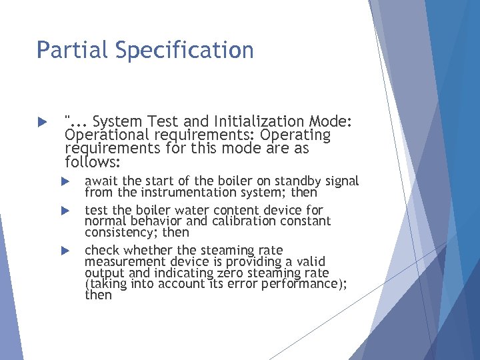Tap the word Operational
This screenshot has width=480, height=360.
(106, 135)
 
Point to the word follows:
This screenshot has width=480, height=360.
(93, 162)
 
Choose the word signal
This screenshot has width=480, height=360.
(345, 181)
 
